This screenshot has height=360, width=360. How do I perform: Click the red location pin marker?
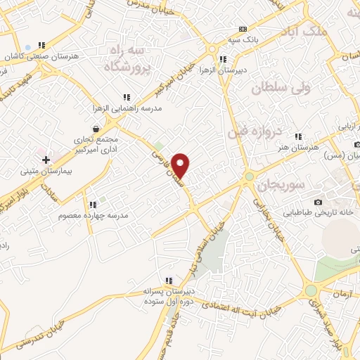tap(181, 165)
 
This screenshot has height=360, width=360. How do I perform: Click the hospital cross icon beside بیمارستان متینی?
tap(46, 160)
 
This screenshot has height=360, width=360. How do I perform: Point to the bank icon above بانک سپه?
tap(243, 29)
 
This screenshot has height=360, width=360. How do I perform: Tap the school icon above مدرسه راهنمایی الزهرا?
tap(127, 97)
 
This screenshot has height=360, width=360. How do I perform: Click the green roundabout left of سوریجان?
tap(249, 176)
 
